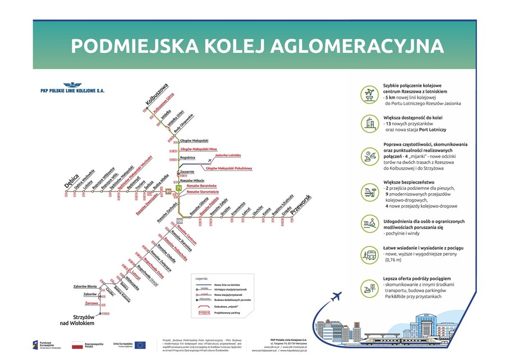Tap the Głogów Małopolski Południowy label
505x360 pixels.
(229, 168)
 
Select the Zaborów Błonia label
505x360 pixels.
(85, 286)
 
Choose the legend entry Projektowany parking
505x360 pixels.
(228, 313)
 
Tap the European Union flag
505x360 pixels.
(140, 344)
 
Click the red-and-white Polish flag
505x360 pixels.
(77, 345)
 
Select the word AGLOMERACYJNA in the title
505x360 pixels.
(366, 46)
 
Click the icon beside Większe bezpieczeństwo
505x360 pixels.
(369, 193)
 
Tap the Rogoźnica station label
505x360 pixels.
(187, 158)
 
